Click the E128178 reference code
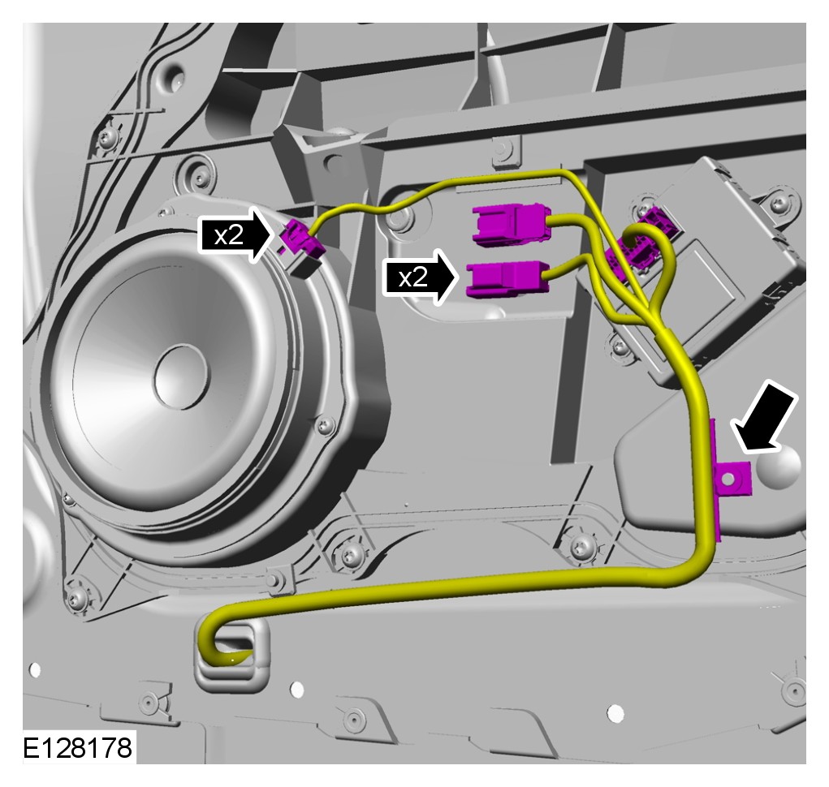pos(77,748)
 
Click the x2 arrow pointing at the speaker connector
pos(237,235)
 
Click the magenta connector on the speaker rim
pos(302,240)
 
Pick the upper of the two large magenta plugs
pos(512,225)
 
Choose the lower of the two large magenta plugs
pos(507,279)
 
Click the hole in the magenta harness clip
pos(728,479)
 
